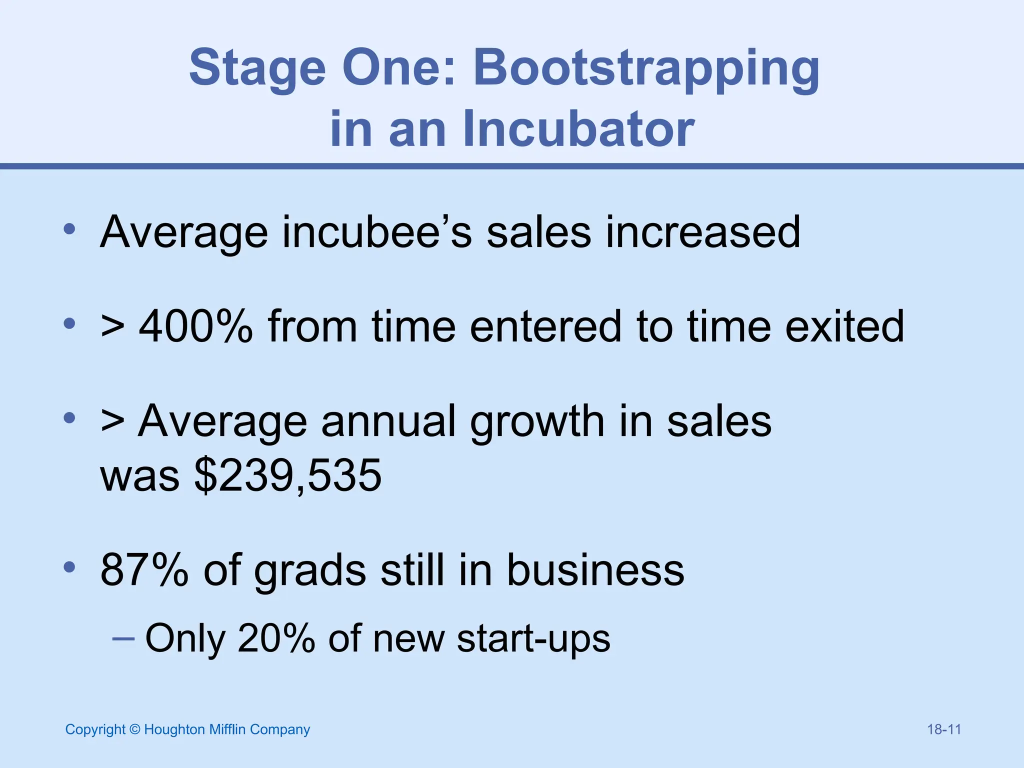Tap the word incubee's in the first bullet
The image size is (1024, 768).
click(377, 232)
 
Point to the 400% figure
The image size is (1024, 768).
click(196, 326)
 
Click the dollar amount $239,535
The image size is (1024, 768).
click(288, 475)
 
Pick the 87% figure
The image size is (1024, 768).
click(144, 569)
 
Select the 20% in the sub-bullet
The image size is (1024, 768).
click(276, 638)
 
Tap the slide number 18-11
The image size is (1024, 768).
click(944, 729)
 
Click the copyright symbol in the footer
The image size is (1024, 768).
click(134, 729)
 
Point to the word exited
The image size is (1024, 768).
click(844, 326)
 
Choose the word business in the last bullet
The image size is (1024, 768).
click(595, 569)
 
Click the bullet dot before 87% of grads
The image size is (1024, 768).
click(69, 567)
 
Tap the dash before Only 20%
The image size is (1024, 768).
click(123, 638)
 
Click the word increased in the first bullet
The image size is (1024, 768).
click(703, 232)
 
